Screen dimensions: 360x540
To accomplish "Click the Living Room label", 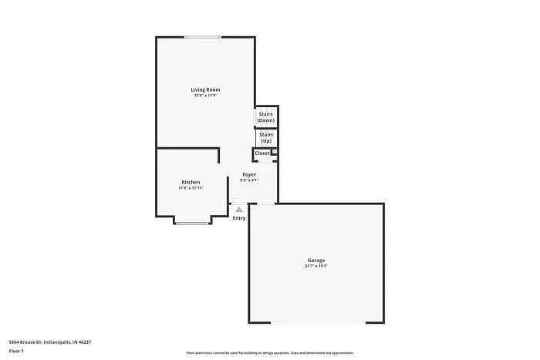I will point(205,90).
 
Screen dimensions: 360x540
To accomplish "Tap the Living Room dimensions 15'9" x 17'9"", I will point(205,96).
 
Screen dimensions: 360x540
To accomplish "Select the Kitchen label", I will point(191,182).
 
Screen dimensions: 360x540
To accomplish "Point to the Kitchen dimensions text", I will point(191,187).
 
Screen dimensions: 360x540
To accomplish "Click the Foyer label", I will point(249,174).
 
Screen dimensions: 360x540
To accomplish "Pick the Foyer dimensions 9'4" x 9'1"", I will point(249,180).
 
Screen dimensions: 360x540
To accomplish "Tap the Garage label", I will point(316,261).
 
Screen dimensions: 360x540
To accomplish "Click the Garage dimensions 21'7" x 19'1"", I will point(316,266).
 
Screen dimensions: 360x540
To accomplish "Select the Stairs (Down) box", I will point(266,117).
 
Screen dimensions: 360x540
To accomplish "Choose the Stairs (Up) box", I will point(266,138).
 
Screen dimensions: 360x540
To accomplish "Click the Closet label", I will point(262,153).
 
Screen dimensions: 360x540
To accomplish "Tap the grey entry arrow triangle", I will point(239,209).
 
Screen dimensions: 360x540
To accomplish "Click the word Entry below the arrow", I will point(239,218).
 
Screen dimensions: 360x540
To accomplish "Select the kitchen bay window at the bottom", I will point(193,224).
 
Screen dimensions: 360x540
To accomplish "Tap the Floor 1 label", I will point(16,352).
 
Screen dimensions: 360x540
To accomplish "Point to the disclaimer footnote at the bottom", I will point(269,352).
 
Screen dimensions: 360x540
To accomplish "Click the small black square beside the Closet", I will point(274,152).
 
